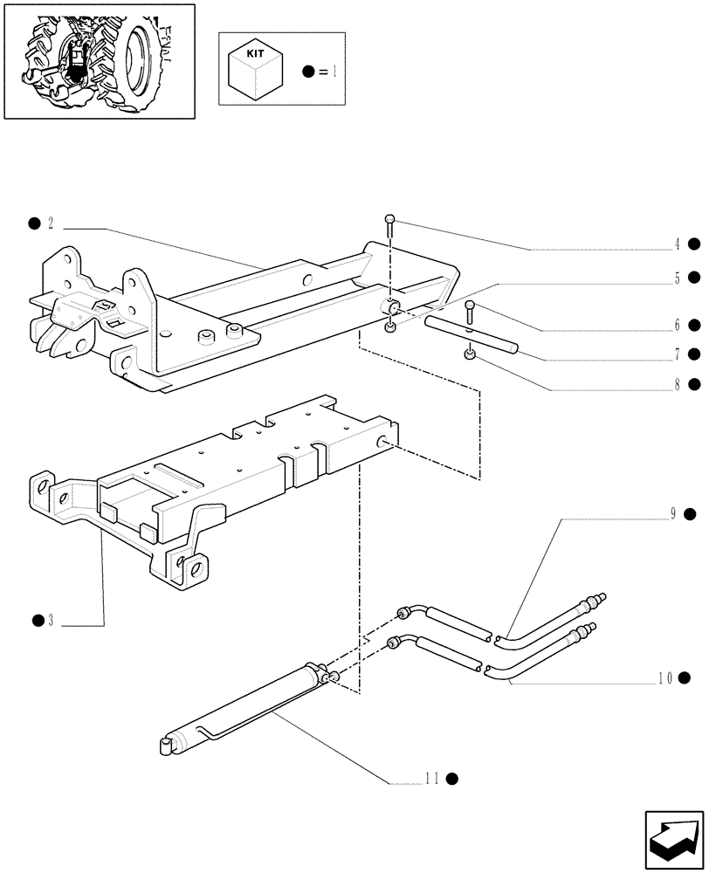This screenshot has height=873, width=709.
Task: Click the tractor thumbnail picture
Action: tap(99, 61)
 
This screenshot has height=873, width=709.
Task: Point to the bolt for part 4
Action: tap(390, 226)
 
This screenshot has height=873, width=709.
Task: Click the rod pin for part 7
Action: tap(472, 336)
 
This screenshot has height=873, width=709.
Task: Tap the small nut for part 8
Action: tap(470, 354)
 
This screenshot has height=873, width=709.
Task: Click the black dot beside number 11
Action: tap(452, 778)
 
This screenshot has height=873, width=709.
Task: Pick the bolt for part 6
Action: tap(471, 310)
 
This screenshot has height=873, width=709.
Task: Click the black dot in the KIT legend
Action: tap(308, 71)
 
